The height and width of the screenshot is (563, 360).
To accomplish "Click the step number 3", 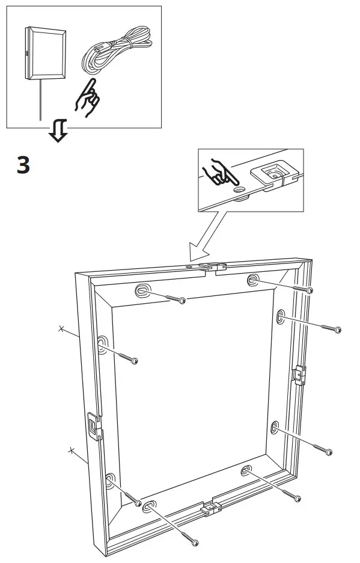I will pos(22,165).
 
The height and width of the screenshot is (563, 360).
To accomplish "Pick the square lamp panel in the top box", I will pos(43,54).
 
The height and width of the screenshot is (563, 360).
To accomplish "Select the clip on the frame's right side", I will pos(299,375).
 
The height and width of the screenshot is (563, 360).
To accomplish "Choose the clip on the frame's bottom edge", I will pos(210,508).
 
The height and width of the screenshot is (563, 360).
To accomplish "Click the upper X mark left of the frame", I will pos(61,328).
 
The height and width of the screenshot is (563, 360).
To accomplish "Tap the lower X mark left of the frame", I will pos(71,450).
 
